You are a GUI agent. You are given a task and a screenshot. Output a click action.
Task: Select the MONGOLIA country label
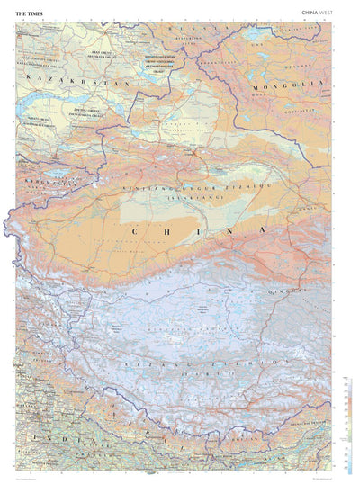289,85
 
